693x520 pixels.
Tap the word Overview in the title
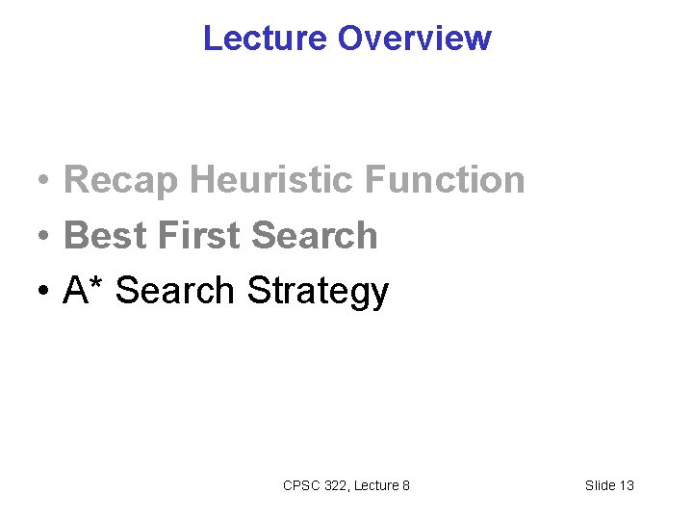(x=415, y=39)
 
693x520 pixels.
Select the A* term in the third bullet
(x=85, y=290)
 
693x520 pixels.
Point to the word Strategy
(x=318, y=292)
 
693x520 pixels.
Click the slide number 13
(x=626, y=485)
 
